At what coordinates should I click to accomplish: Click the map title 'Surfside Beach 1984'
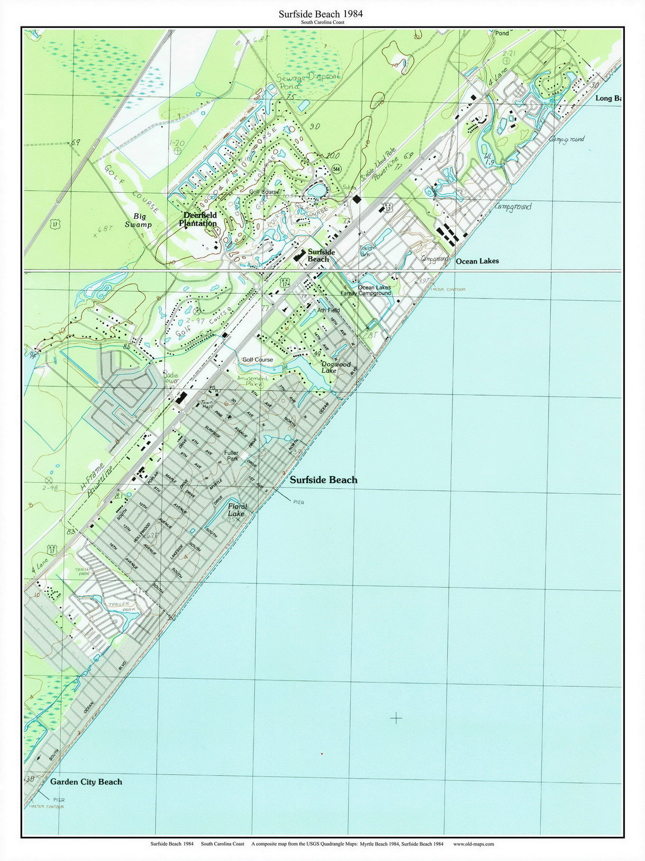(321, 14)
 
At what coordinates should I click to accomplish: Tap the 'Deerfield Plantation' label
(199, 220)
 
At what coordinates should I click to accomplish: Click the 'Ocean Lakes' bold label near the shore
(477, 261)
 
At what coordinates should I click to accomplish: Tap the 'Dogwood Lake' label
(336, 367)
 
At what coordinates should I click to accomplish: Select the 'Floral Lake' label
(237, 510)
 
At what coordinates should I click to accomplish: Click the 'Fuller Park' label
(231, 456)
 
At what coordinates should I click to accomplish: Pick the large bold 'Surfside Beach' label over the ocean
(323, 480)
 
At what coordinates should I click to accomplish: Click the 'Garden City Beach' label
(86, 782)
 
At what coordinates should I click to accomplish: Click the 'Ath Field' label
(328, 310)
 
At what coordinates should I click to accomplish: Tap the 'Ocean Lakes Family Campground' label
(374, 290)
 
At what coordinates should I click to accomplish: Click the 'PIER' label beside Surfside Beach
(297, 502)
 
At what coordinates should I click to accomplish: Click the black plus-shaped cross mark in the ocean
(396, 718)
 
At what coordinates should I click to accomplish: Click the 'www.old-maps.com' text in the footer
(474, 844)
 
